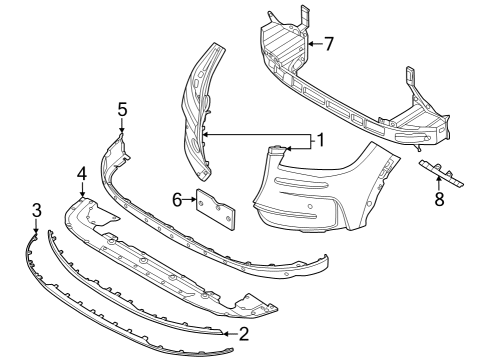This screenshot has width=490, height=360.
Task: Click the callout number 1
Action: (321, 140)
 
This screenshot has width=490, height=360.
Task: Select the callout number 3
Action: (36, 210)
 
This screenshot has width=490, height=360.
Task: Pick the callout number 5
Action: (122, 109)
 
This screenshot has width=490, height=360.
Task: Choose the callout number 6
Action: (177, 200)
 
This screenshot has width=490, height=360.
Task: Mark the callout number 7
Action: (327, 43)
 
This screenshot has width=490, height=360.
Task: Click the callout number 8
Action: (437, 200)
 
